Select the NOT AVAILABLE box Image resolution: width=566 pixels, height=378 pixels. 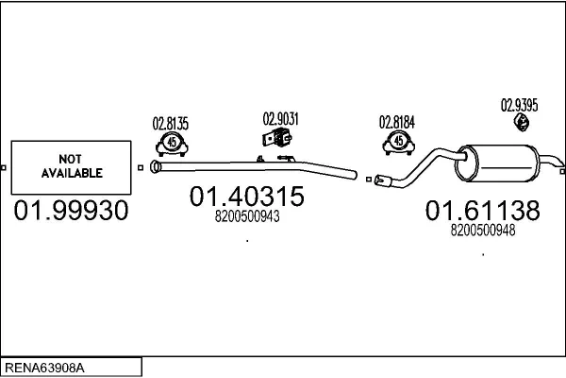tap(71, 167)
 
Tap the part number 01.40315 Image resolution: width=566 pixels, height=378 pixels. tap(247, 197)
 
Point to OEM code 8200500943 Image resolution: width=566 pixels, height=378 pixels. tap(247, 216)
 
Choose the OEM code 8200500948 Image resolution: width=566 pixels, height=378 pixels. tap(482, 229)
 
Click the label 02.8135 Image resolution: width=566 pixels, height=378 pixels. tap(171, 123)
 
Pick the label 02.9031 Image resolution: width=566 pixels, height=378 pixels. tap(280, 119)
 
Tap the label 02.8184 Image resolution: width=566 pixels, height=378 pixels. tap(397, 122)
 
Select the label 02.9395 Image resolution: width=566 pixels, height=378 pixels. tap(519, 105)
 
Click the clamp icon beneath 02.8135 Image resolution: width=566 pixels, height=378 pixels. tap(171, 143)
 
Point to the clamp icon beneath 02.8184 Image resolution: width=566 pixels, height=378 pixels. tap(397, 143)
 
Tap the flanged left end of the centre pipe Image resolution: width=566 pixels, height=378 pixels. tap(157, 168)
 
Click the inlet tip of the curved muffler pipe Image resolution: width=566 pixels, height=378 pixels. tap(379, 179)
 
